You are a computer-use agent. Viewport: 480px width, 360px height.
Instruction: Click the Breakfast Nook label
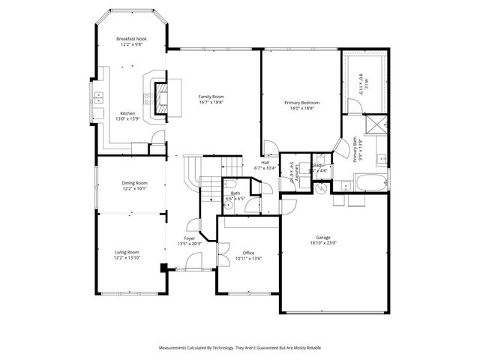pyautogui.click(x=130, y=39)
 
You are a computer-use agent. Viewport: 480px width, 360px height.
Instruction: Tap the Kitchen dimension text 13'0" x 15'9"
pyautogui.click(x=127, y=119)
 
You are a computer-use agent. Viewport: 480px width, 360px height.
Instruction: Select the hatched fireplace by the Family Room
pyautogui.click(x=162, y=97)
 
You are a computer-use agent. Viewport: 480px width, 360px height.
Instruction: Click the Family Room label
pyautogui.click(x=211, y=97)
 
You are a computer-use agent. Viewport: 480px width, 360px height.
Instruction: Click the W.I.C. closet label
pyautogui.click(x=361, y=80)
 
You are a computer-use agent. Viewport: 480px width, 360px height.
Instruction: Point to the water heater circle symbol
pyautogui.click(x=322, y=189)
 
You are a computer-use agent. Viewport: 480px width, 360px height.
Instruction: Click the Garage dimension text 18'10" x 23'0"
pyautogui.click(x=323, y=242)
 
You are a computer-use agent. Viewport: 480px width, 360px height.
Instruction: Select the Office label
pyautogui.click(x=248, y=253)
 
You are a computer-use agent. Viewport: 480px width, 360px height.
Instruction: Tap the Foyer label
pyautogui.click(x=190, y=238)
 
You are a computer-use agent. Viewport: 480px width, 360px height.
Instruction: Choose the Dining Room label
pyautogui.click(x=135, y=183)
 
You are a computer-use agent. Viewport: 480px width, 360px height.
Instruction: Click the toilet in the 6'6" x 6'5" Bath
pyautogui.click(x=228, y=203)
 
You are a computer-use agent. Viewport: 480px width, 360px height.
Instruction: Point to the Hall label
pyautogui.click(x=265, y=163)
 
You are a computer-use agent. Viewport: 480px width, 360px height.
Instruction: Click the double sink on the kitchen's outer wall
pyautogui.click(x=98, y=97)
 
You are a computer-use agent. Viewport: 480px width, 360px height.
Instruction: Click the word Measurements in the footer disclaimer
pyautogui.click(x=175, y=348)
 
